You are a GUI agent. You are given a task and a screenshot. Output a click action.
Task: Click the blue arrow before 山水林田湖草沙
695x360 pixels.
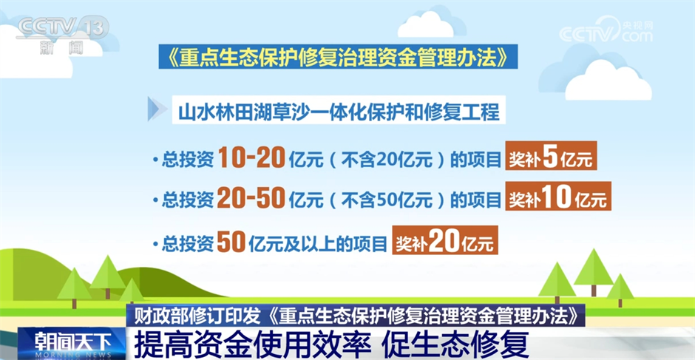click(x=157, y=110)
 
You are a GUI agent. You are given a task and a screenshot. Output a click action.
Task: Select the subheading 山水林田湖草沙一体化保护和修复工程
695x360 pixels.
click(x=337, y=112)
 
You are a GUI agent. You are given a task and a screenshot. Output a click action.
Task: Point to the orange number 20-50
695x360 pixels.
click(x=252, y=199)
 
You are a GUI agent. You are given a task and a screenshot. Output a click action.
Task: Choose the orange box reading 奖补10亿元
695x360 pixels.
click(x=557, y=199)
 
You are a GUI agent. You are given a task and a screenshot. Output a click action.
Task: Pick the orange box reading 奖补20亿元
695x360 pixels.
click(x=444, y=242)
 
